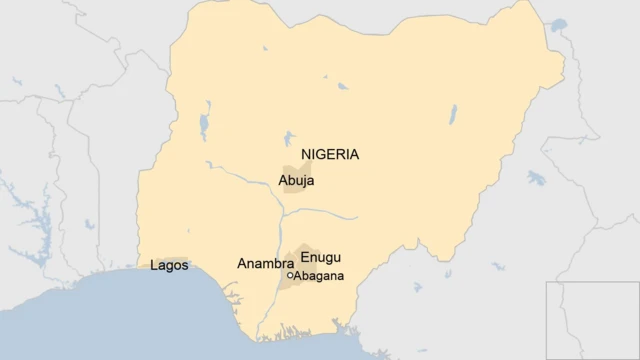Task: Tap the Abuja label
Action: click(x=296, y=182)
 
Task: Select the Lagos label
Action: click(x=168, y=266)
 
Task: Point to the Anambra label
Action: click(x=265, y=264)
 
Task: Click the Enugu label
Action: click(x=320, y=257)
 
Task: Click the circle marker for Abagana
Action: click(x=290, y=276)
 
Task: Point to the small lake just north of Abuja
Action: click(x=289, y=139)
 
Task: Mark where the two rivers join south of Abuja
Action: click(x=283, y=211)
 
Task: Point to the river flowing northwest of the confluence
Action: click(x=245, y=181)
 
